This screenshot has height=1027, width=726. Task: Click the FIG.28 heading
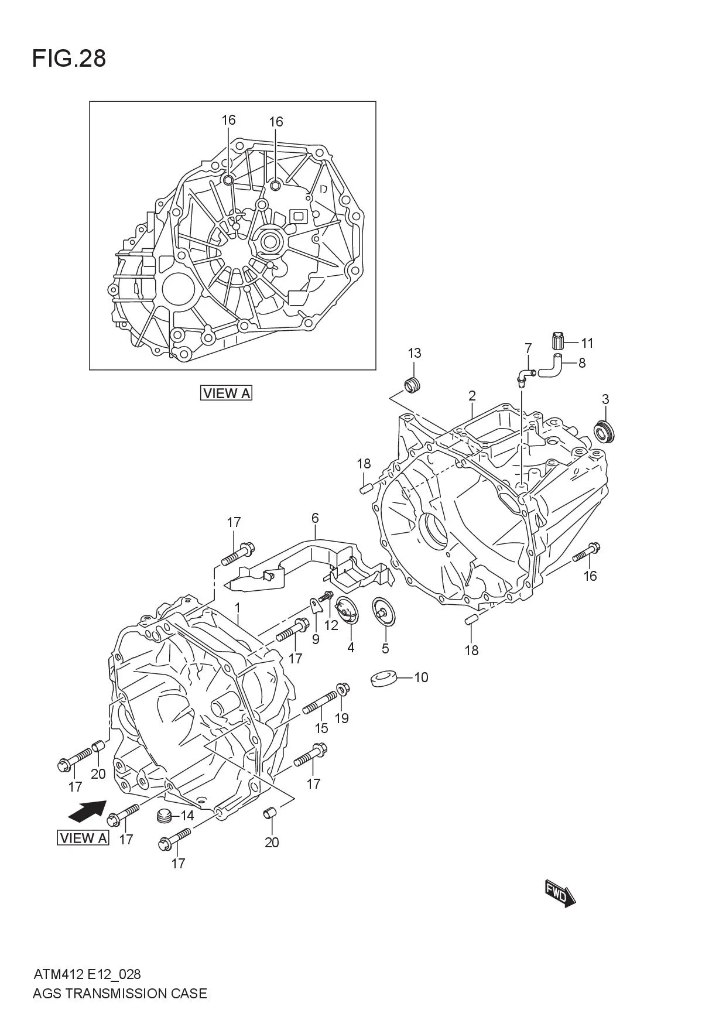click(69, 59)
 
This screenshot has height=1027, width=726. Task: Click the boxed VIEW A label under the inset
click(226, 393)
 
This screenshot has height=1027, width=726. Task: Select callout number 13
click(414, 353)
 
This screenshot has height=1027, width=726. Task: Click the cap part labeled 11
click(557, 340)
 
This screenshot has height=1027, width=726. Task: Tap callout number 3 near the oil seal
click(605, 399)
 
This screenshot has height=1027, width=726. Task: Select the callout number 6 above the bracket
click(315, 518)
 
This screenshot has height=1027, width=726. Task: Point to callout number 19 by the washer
click(341, 718)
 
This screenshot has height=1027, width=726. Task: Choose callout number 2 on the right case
click(472, 396)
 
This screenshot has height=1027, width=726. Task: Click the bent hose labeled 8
click(551, 366)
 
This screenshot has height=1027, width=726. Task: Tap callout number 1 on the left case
click(238, 607)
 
